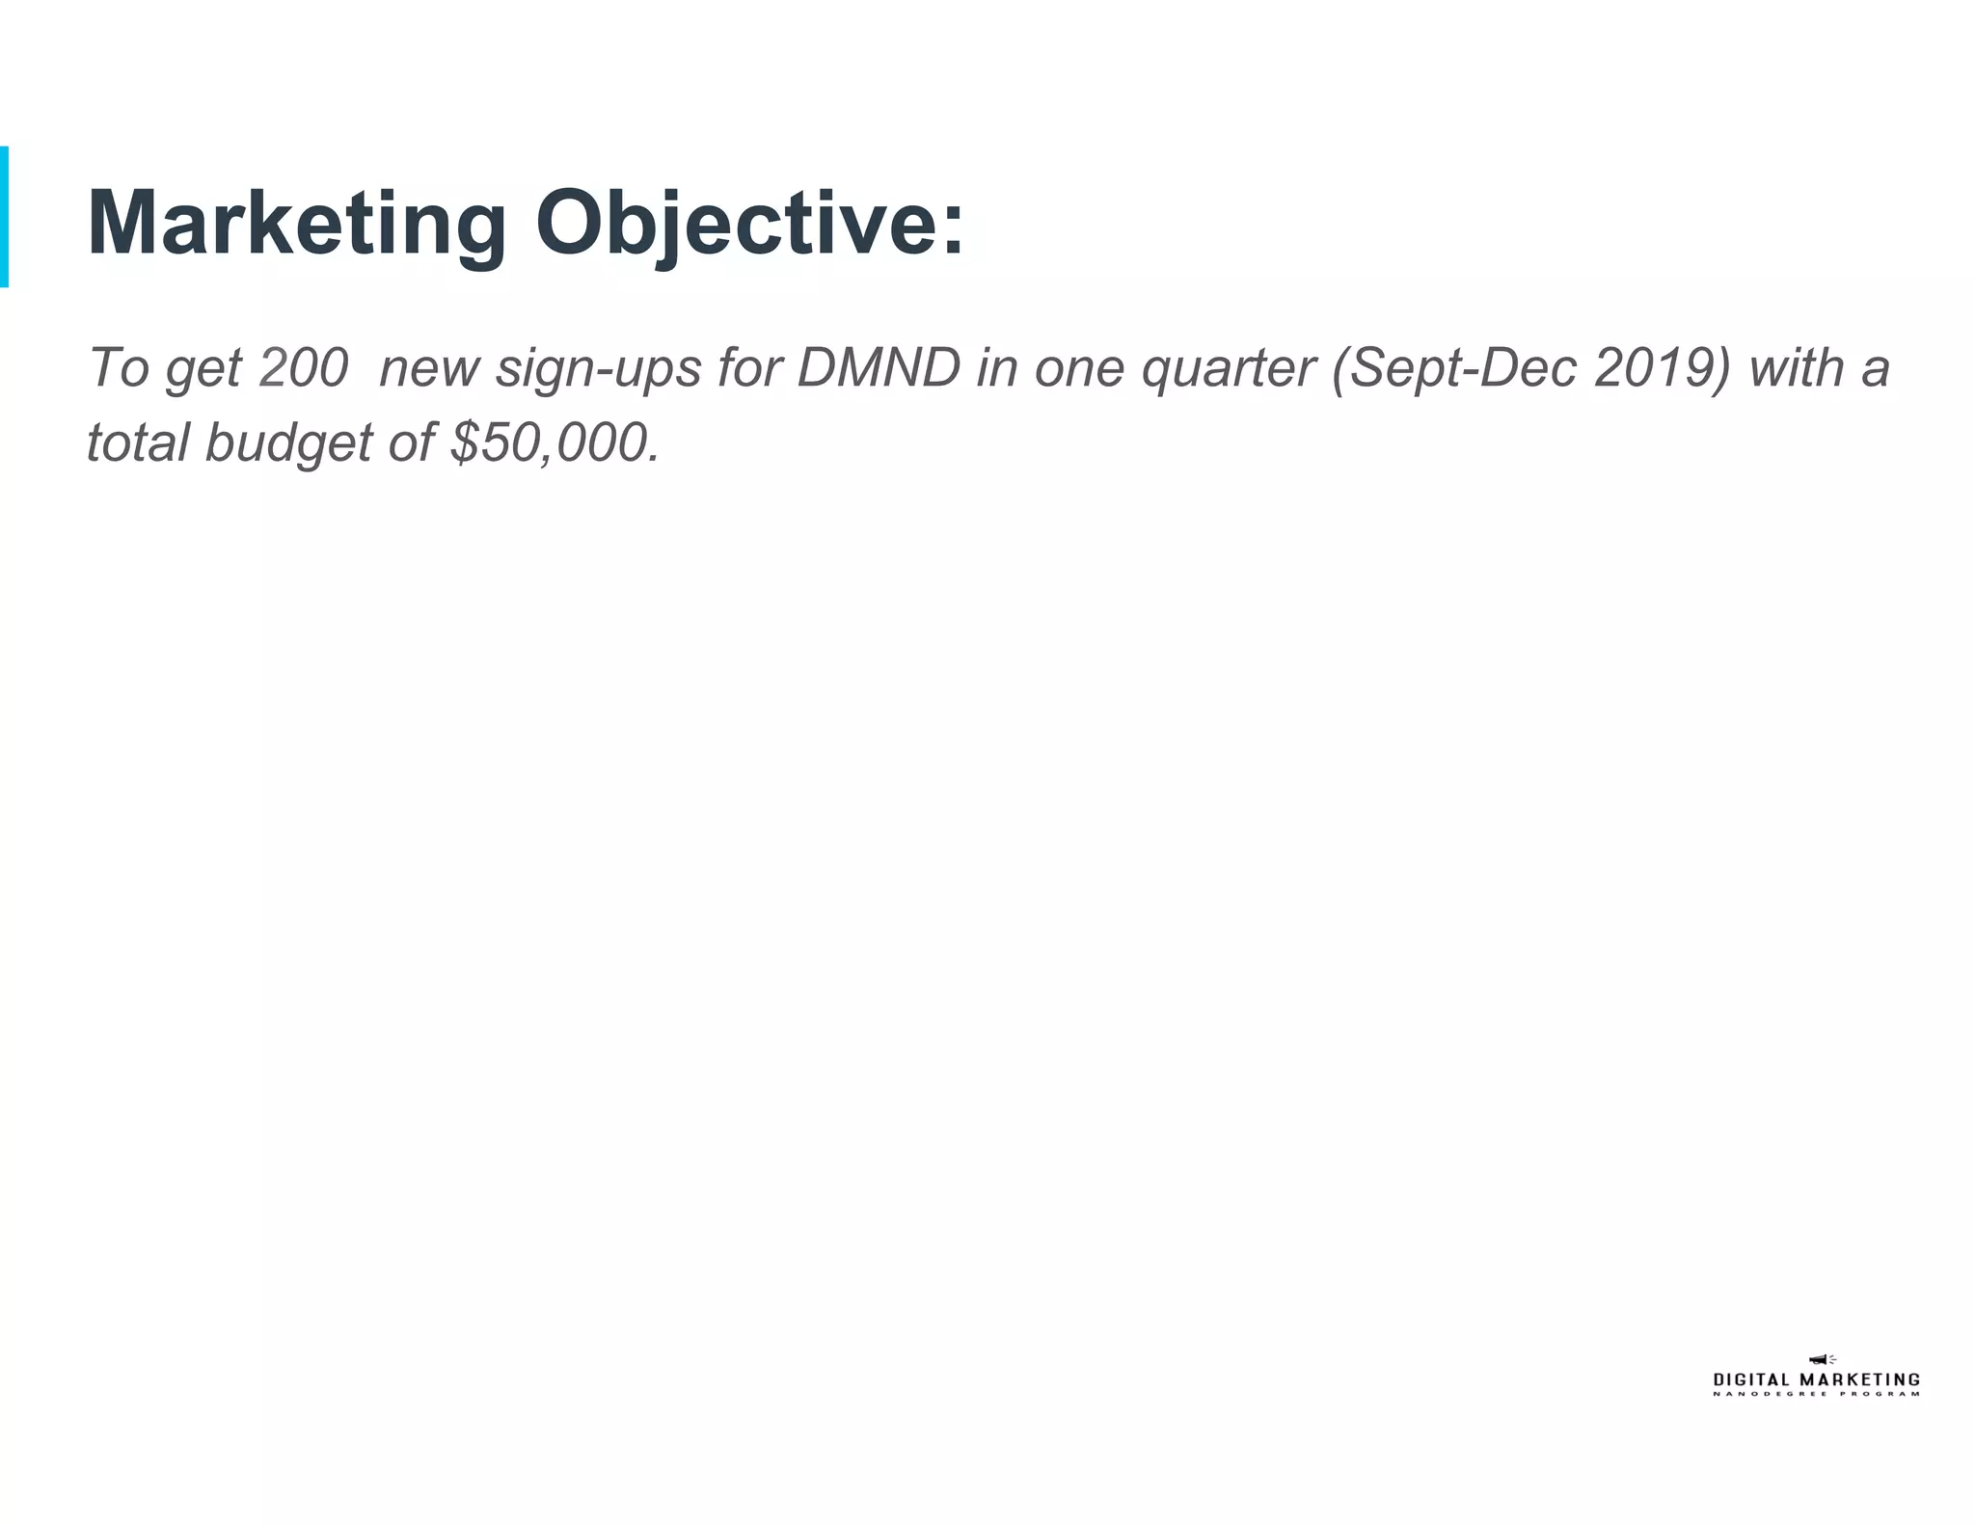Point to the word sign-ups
click(598, 369)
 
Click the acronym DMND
click(879, 367)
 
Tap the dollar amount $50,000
click(555, 442)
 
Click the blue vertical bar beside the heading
click(5, 217)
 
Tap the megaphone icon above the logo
click(1820, 1359)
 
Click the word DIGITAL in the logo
click(1751, 1380)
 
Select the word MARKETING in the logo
click(1860, 1380)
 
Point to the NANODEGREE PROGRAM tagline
click(1817, 1394)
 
